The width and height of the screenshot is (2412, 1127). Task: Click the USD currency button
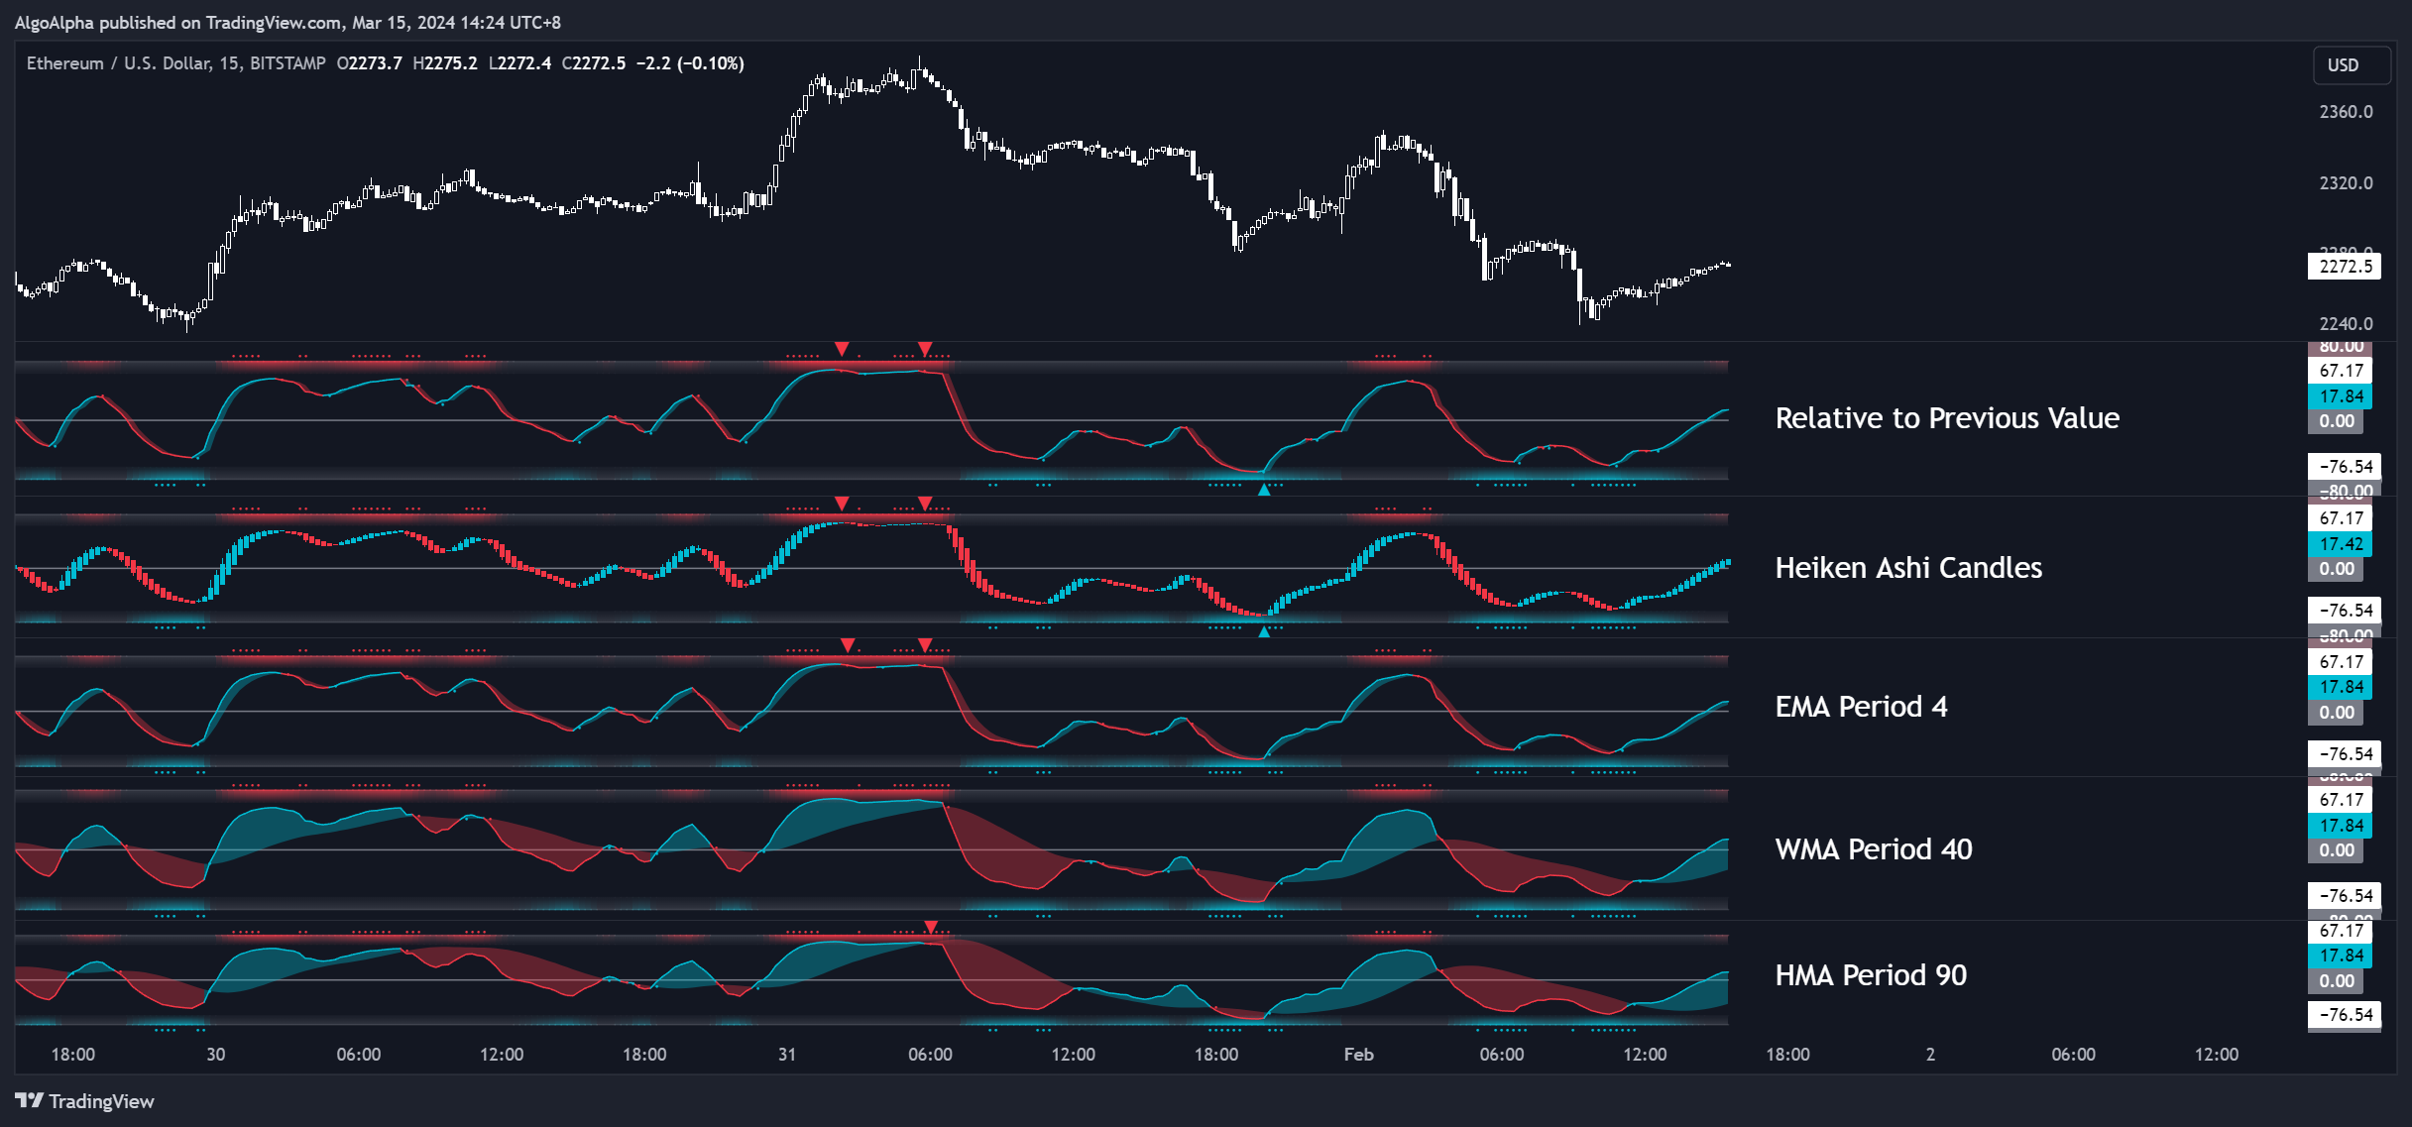tap(2343, 64)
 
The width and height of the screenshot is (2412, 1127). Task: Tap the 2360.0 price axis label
tap(2346, 112)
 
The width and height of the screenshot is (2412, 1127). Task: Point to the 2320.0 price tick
tap(2346, 183)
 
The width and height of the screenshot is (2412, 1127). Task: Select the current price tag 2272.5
tap(2345, 267)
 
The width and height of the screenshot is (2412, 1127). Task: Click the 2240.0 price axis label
tap(2346, 324)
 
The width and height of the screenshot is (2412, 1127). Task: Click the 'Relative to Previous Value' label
tap(1947, 418)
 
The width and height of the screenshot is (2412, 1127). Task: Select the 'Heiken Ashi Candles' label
tap(1908, 568)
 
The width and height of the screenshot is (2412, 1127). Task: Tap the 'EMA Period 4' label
tap(1861, 707)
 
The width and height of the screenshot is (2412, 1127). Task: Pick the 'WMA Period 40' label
tap(1874, 849)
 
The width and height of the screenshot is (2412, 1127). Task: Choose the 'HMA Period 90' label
tap(1871, 975)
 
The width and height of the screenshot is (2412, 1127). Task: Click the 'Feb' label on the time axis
tap(1358, 1055)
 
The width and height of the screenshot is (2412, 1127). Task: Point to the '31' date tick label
tap(787, 1055)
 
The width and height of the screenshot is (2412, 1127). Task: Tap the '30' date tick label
tap(215, 1055)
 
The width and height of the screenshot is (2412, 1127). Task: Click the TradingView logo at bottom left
tap(85, 1101)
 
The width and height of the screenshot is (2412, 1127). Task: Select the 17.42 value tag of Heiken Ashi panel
tap(2341, 544)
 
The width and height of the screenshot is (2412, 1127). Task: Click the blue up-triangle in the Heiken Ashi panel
tap(1264, 631)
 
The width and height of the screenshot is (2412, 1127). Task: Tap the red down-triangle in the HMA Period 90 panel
tap(931, 928)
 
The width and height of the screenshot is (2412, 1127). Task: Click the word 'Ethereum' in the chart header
tap(64, 63)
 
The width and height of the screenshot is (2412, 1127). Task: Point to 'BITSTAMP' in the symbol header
tap(287, 63)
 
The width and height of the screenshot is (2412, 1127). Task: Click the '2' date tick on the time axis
tap(1930, 1055)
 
